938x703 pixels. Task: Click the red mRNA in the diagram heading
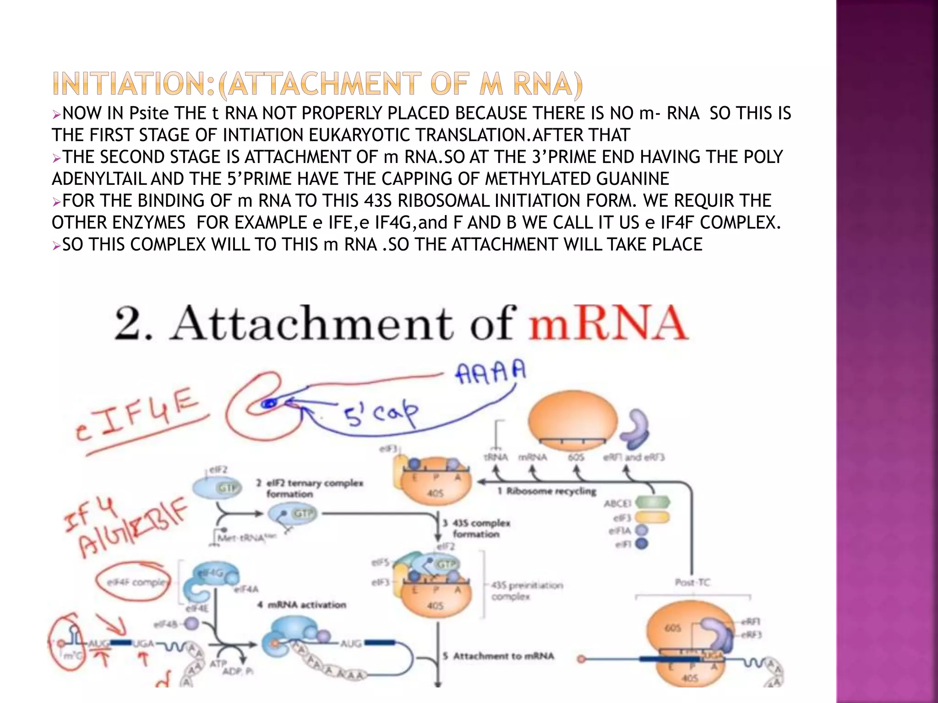[x=608, y=323]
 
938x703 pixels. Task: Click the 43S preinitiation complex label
[x=526, y=590]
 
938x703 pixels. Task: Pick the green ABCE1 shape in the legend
[x=652, y=503]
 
